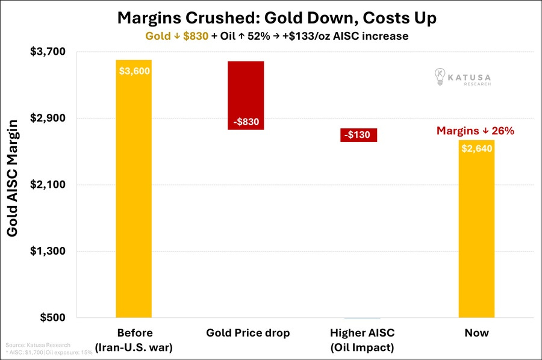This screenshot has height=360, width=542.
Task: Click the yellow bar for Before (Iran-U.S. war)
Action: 134,188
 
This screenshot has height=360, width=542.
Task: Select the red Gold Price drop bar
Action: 246,95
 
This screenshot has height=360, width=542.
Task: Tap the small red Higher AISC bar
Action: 358,135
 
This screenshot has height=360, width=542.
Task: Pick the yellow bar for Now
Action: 477,229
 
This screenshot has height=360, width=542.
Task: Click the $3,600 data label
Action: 134,71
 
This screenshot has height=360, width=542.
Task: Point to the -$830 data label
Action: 246,122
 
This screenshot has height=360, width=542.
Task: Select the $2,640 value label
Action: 477,149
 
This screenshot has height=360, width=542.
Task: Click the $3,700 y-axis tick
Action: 48,52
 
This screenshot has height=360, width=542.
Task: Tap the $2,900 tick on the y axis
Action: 48,118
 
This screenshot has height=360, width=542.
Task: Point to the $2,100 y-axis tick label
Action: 48,184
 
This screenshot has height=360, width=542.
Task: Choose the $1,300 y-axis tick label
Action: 48,251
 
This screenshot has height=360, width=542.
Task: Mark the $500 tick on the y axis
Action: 52,317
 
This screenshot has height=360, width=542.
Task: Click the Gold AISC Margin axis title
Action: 12,178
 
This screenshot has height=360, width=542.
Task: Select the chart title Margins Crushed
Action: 277,18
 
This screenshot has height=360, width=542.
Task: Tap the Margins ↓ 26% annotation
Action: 475,131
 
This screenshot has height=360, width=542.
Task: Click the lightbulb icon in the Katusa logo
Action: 440,76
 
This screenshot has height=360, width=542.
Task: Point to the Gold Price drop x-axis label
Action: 248,333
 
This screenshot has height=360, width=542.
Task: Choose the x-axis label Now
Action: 477,333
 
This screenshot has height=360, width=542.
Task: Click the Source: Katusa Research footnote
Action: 38,345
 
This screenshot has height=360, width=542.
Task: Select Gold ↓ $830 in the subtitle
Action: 176,36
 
